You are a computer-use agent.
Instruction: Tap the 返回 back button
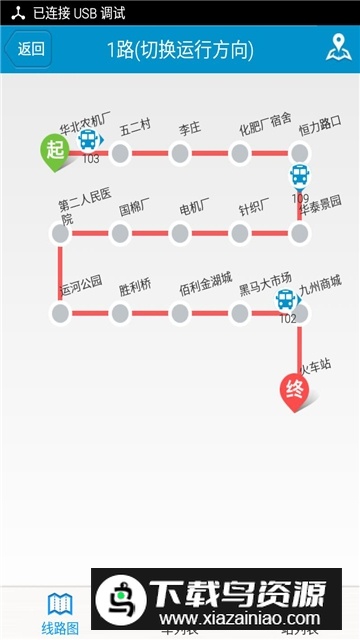coord(28,49)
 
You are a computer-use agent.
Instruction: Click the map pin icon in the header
coord(336,48)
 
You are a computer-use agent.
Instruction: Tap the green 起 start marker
coord(56,149)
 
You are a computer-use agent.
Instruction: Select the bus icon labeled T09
coord(300,177)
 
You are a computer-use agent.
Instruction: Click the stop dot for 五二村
coord(120,153)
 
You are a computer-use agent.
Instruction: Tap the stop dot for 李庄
coord(180,153)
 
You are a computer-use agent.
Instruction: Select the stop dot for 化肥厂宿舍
coord(240,153)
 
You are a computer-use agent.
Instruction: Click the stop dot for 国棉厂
coord(120,233)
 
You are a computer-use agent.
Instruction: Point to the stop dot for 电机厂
coord(180,233)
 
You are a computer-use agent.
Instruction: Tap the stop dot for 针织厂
coord(240,233)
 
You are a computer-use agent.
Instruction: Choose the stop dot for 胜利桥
coord(120,313)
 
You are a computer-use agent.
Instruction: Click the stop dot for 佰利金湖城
coord(180,313)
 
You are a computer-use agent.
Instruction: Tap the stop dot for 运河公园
coord(60,313)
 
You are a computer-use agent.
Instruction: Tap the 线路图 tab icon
coord(60,604)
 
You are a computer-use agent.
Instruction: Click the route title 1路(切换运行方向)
coord(180,49)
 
